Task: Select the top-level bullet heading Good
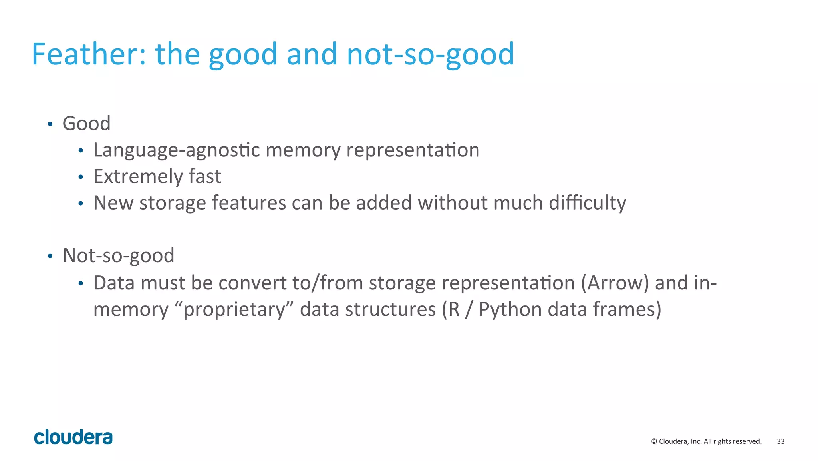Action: click(87, 123)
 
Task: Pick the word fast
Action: click(205, 176)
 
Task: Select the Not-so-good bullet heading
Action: click(119, 255)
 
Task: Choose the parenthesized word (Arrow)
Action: click(615, 283)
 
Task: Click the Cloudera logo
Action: click(73, 437)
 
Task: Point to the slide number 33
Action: click(780, 441)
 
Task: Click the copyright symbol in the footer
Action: click(654, 441)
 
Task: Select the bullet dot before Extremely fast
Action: click(81, 177)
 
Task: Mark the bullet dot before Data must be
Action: click(81, 283)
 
